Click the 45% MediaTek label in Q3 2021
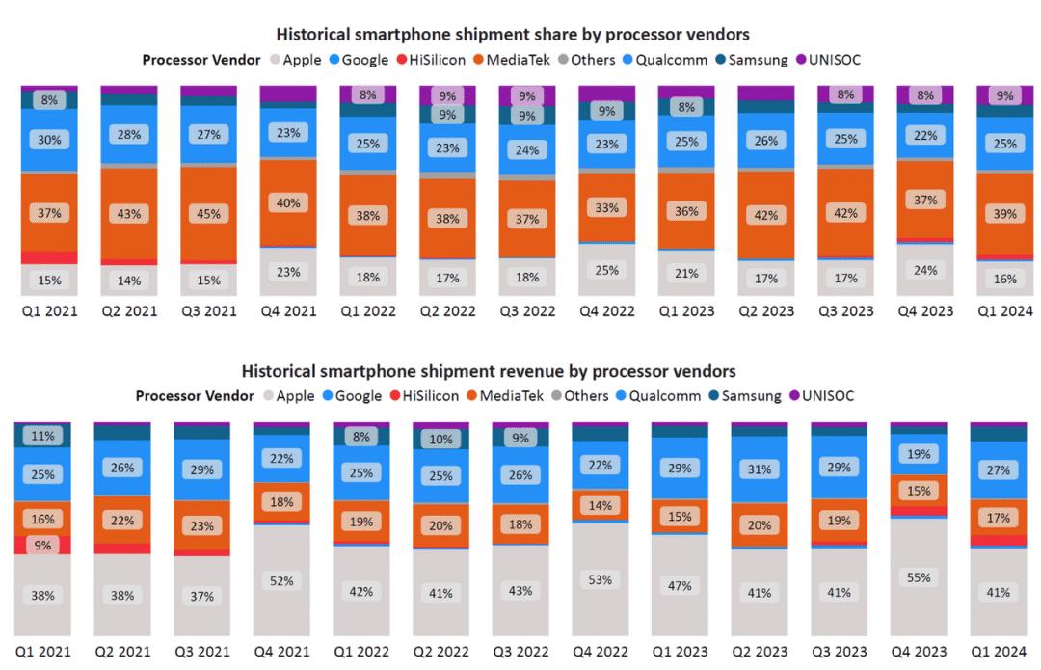(209, 214)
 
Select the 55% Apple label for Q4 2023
(918, 577)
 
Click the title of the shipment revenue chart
(489, 371)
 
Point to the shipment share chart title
(513, 34)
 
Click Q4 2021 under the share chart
(288, 310)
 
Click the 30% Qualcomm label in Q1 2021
(50, 140)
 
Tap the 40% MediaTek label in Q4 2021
(288, 203)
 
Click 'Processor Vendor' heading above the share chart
(201, 60)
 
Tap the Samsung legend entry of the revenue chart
(748, 395)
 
